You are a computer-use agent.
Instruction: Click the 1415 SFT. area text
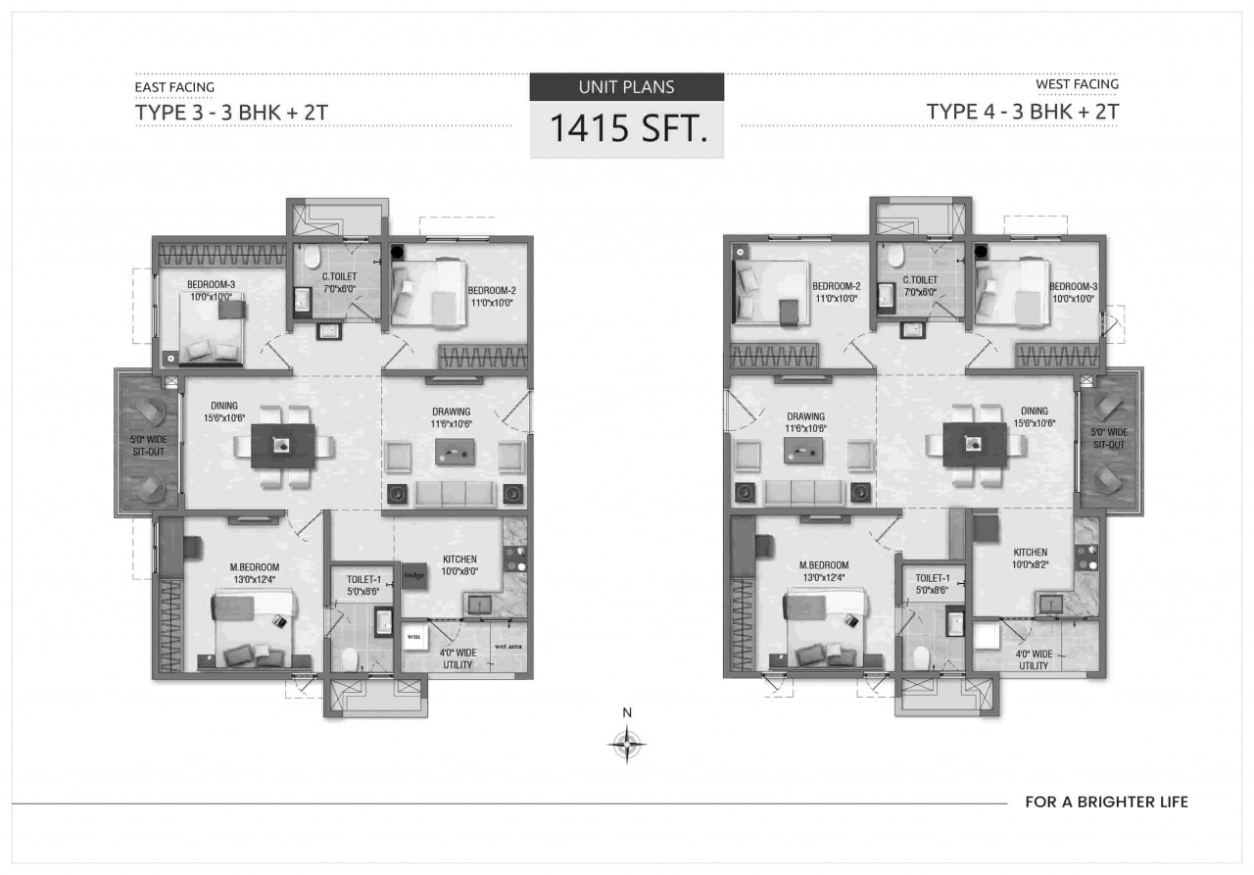[x=627, y=129]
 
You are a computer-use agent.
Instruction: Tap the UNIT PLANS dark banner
[x=627, y=86]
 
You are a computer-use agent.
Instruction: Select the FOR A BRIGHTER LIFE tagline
[x=1106, y=802]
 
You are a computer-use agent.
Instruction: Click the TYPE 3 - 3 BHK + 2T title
[x=230, y=111]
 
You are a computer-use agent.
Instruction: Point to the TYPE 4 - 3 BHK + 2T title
[x=1023, y=111]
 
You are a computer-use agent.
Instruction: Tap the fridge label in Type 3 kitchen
[x=411, y=576]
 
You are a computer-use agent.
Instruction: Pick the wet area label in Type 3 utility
[x=506, y=648]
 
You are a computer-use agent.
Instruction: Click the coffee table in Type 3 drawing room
[x=456, y=452]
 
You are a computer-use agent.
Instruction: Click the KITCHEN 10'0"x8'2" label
[x=1030, y=559]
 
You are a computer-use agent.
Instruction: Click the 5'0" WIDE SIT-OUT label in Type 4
[x=1109, y=438]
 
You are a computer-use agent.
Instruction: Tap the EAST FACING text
[x=174, y=87]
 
